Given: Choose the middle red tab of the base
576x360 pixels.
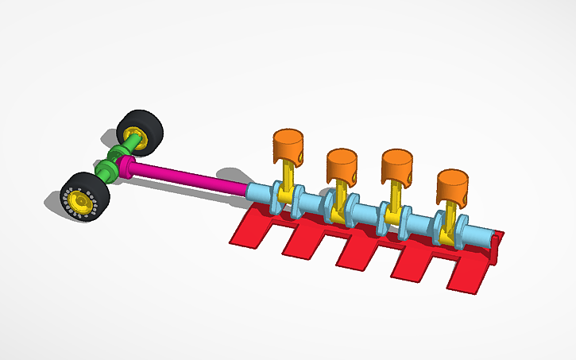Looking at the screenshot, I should (x=361, y=250).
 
